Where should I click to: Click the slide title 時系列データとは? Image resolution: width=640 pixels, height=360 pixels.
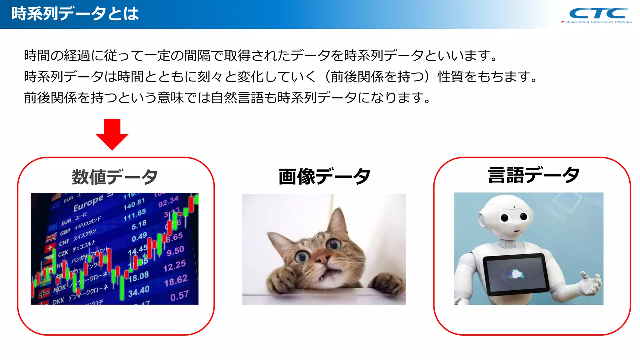click(x=75, y=14)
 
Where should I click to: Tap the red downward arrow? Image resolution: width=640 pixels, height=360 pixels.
click(x=112, y=134)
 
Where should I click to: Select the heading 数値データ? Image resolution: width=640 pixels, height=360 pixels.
click(x=115, y=177)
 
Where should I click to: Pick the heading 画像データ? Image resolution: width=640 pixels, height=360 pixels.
click(x=324, y=177)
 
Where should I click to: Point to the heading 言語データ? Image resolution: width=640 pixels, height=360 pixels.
click(x=533, y=175)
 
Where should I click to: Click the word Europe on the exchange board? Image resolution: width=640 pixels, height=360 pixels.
click(x=88, y=203)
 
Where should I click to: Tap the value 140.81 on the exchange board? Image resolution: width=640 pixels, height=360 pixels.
click(x=134, y=204)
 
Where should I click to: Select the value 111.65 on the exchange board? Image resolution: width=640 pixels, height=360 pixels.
click(x=135, y=215)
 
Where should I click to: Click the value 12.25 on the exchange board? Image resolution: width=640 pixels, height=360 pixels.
click(x=174, y=266)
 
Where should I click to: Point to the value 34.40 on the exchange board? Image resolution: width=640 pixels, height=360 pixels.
click(x=139, y=291)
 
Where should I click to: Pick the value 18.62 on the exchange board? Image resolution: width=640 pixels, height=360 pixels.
click(x=176, y=280)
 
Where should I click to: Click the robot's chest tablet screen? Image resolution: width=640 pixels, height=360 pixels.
click(x=515, y=274)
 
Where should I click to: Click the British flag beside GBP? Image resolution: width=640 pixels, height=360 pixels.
click(x=51, y=238)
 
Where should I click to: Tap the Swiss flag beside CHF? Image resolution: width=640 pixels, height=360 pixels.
click(x=49, y=248)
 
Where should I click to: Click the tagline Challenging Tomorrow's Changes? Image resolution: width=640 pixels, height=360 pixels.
click(x=598, y=22)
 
